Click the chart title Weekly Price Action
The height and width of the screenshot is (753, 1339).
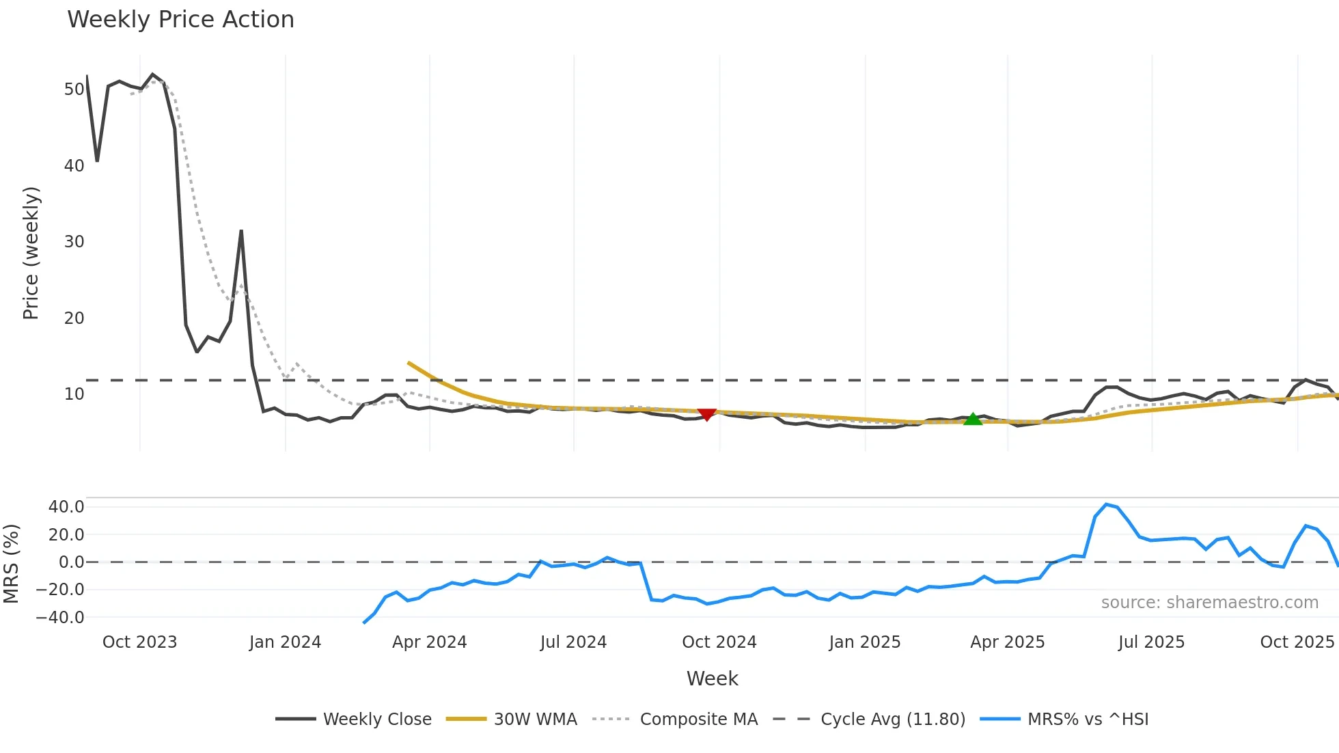(180, 20)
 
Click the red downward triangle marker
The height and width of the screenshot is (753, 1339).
(706, 414)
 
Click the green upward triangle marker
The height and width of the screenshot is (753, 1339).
(973, 419)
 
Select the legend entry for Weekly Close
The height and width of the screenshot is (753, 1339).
(354, 719)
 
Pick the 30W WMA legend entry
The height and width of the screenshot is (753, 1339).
(512, 719)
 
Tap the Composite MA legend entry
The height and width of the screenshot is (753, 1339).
(676, 719)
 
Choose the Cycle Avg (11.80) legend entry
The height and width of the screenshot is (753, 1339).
(869, 719)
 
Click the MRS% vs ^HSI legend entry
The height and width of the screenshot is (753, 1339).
(1065, 719)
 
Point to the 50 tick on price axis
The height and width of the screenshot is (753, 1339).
(74, 90)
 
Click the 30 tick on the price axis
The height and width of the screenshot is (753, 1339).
(74, 242)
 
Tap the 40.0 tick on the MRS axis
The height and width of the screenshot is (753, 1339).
(66, 507)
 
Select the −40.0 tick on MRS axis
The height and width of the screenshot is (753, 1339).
(60, 618)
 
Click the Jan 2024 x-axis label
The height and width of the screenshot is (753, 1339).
(285, 642)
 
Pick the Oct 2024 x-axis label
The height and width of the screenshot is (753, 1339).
(719, 642)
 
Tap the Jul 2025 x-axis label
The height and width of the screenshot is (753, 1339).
(1151, 642)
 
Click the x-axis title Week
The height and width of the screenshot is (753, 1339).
(712, 679)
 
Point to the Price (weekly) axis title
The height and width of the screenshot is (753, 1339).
(31, 253)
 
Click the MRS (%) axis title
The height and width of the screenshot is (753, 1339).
(11, 564)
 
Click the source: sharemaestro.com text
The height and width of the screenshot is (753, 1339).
(1209, 603)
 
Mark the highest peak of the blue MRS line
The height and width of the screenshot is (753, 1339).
(1106, 504)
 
